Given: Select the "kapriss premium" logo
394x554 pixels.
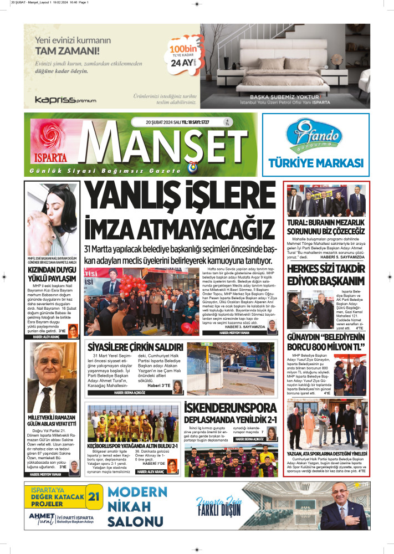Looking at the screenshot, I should (x=65, y=100).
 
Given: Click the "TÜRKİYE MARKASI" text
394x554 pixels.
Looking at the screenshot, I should (x=324, y=162).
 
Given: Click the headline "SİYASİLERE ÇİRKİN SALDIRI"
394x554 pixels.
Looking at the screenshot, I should (x=135, y=347).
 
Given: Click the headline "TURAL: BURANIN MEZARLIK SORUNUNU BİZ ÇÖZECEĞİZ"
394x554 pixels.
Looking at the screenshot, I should (x=325, y=227).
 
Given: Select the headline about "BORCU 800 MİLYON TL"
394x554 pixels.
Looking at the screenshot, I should (x=325, y=342).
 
